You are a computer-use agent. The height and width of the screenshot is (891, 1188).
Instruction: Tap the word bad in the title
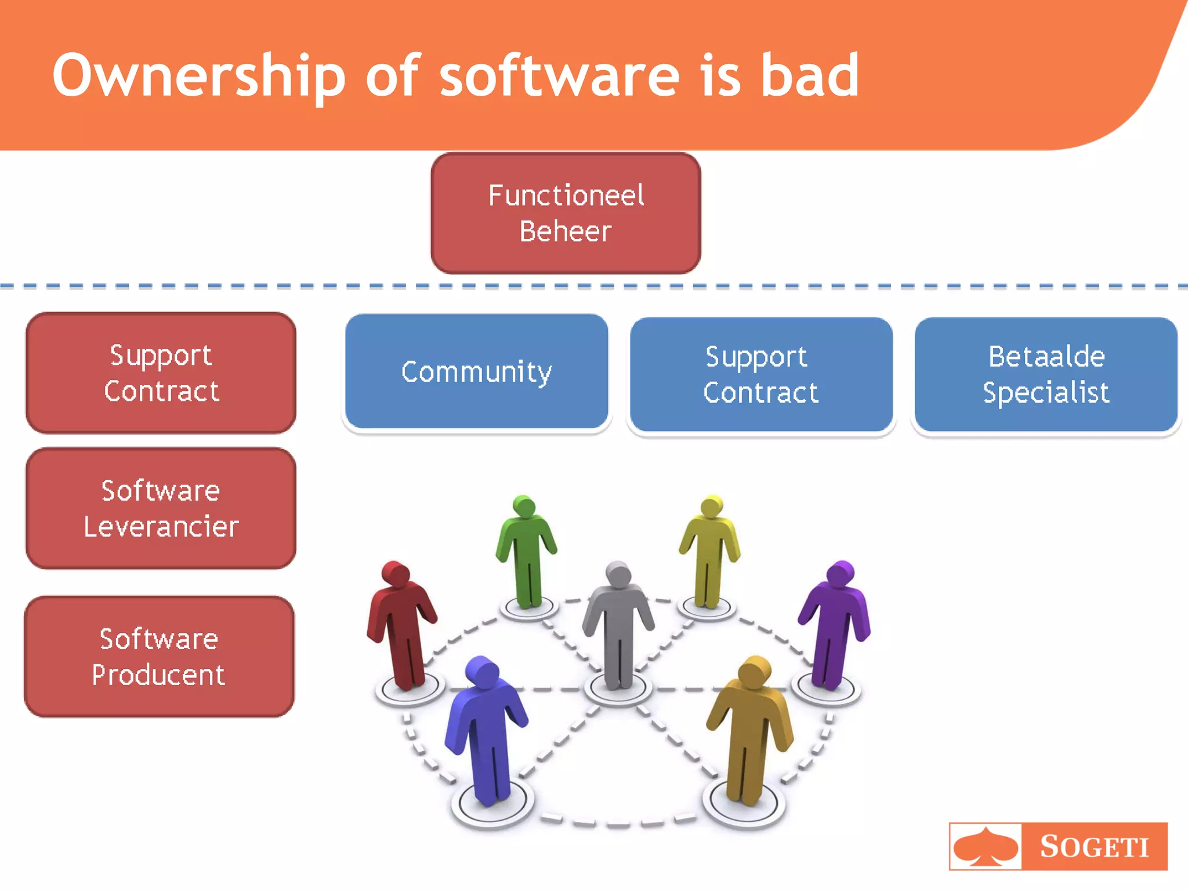(x=809, y=75)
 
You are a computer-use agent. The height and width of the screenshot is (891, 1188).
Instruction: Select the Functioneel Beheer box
(x=566, y=213)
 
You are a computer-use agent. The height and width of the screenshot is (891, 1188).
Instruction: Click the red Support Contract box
(x=161, y=373)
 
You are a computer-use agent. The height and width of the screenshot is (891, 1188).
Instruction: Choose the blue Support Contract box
(x=760, y=375)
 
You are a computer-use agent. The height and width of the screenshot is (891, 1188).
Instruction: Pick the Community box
(x=476, y=372)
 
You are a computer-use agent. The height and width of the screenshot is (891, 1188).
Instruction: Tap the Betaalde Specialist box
(x=1046, y=375)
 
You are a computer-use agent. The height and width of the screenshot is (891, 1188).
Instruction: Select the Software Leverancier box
(x=161, y=508)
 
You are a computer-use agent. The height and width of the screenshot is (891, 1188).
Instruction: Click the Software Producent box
(x=160, y=657)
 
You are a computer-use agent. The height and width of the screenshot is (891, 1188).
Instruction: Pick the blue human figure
(x=486, y=731)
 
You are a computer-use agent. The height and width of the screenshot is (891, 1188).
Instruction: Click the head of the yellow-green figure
(x=712, y=506)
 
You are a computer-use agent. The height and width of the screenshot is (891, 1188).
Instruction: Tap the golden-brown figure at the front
(x=750, y=731)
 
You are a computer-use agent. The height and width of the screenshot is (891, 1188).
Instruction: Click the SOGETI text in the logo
(x=1094, y=847)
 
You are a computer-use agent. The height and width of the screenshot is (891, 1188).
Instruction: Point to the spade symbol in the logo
(x=986, y=847)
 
